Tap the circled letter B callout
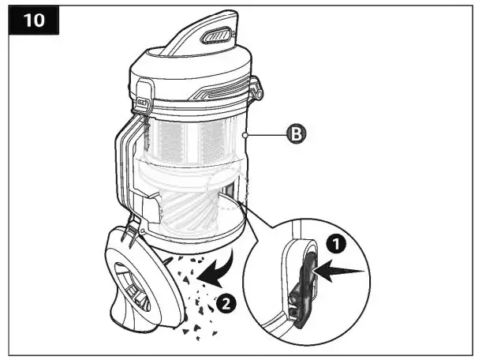tap(297, 134)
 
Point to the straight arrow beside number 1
tap(345, 271)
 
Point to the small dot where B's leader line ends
tap(247, 136)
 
